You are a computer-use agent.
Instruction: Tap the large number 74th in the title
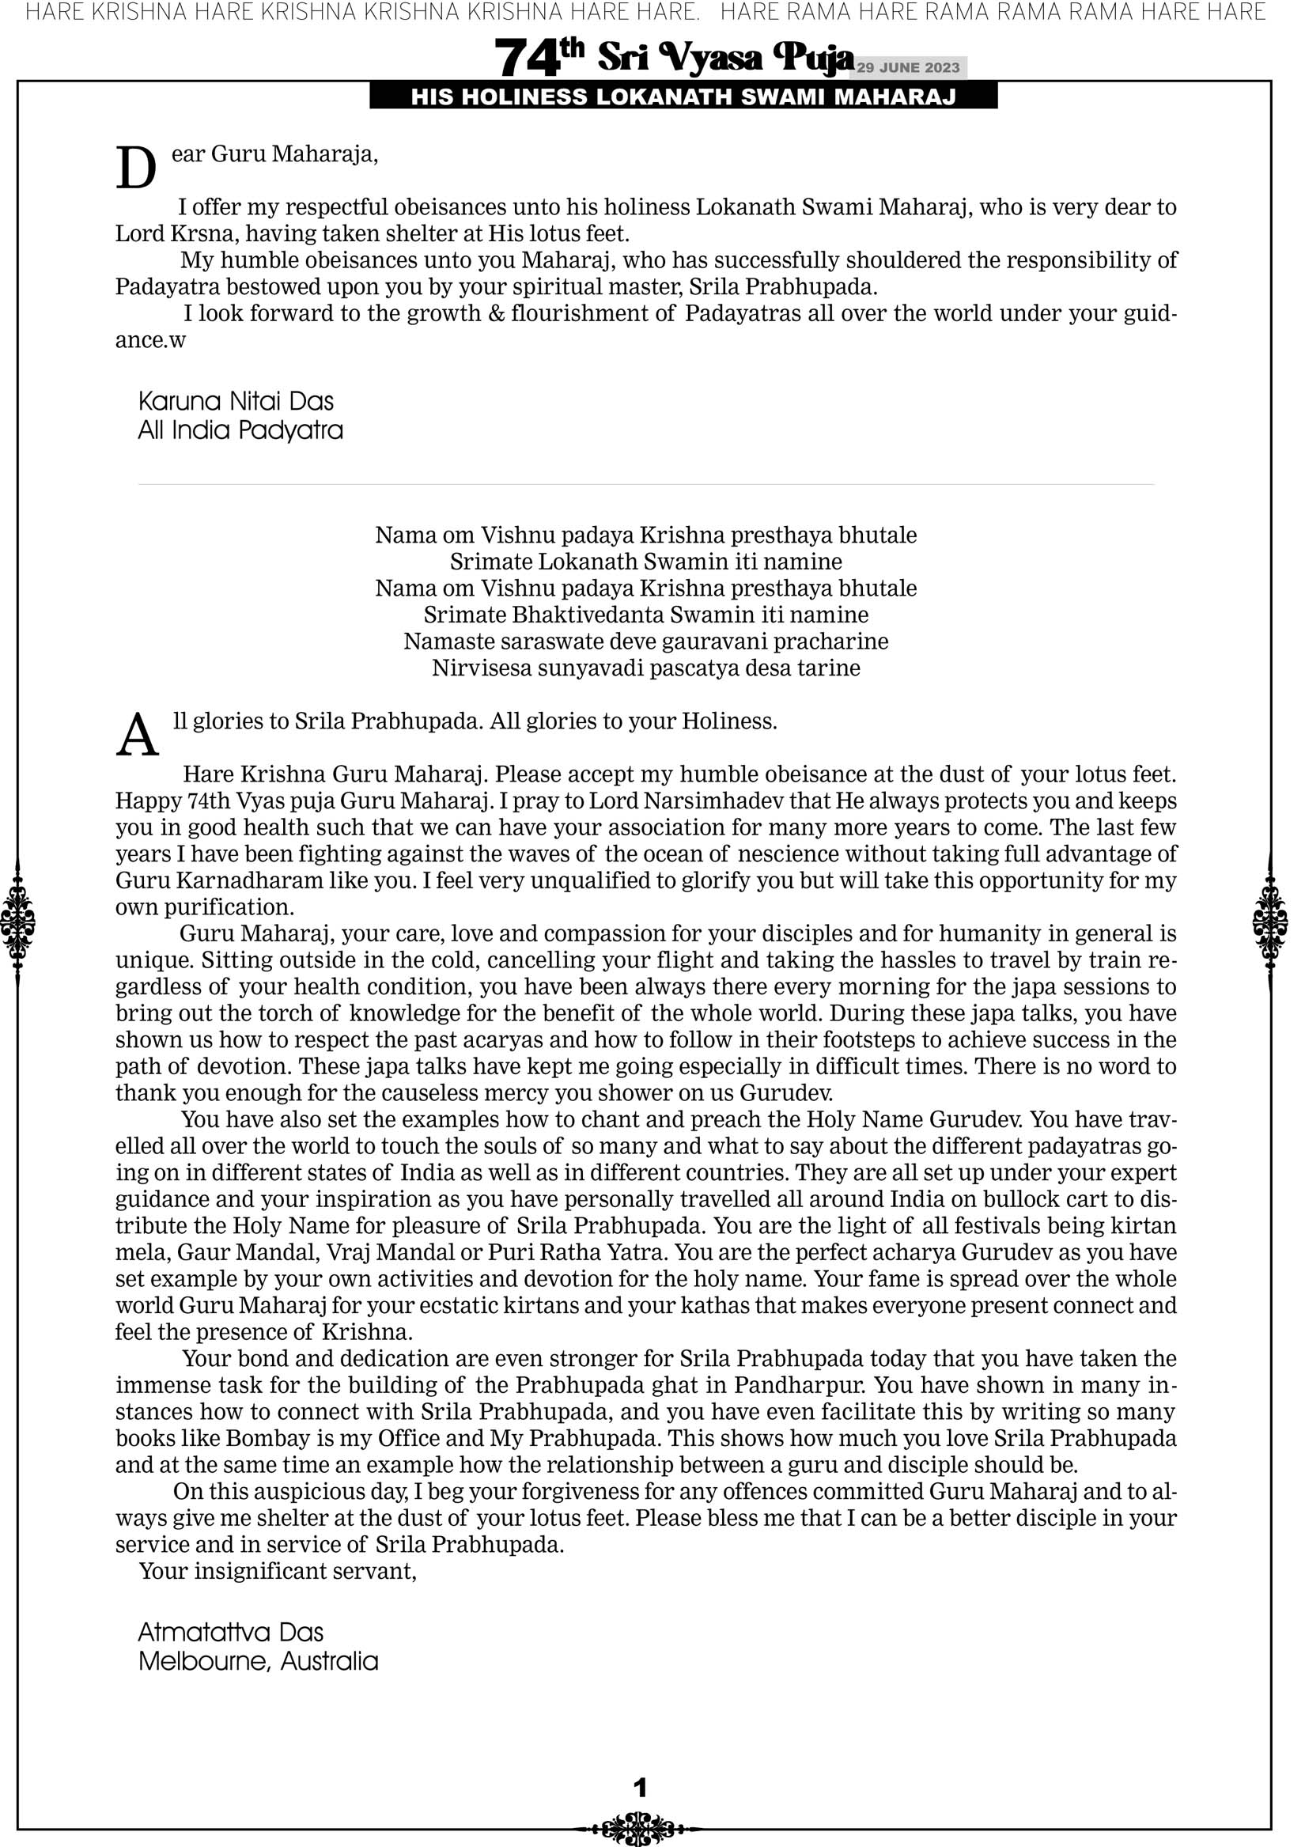539,57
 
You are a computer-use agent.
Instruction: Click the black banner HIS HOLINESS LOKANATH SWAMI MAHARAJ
683,97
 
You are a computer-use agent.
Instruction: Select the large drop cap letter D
136,169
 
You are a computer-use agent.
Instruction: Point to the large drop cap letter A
137,736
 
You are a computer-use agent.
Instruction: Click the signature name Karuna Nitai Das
236,400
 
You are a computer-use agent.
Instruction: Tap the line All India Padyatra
240,430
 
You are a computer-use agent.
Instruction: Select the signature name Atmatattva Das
230,1632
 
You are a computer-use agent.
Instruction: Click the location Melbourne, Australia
258,1661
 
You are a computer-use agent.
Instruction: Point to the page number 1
641,1788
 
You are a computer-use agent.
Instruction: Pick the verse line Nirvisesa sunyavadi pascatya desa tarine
646,668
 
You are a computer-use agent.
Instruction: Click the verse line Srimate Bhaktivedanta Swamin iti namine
646,615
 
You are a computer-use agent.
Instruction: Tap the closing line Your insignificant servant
278,1570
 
